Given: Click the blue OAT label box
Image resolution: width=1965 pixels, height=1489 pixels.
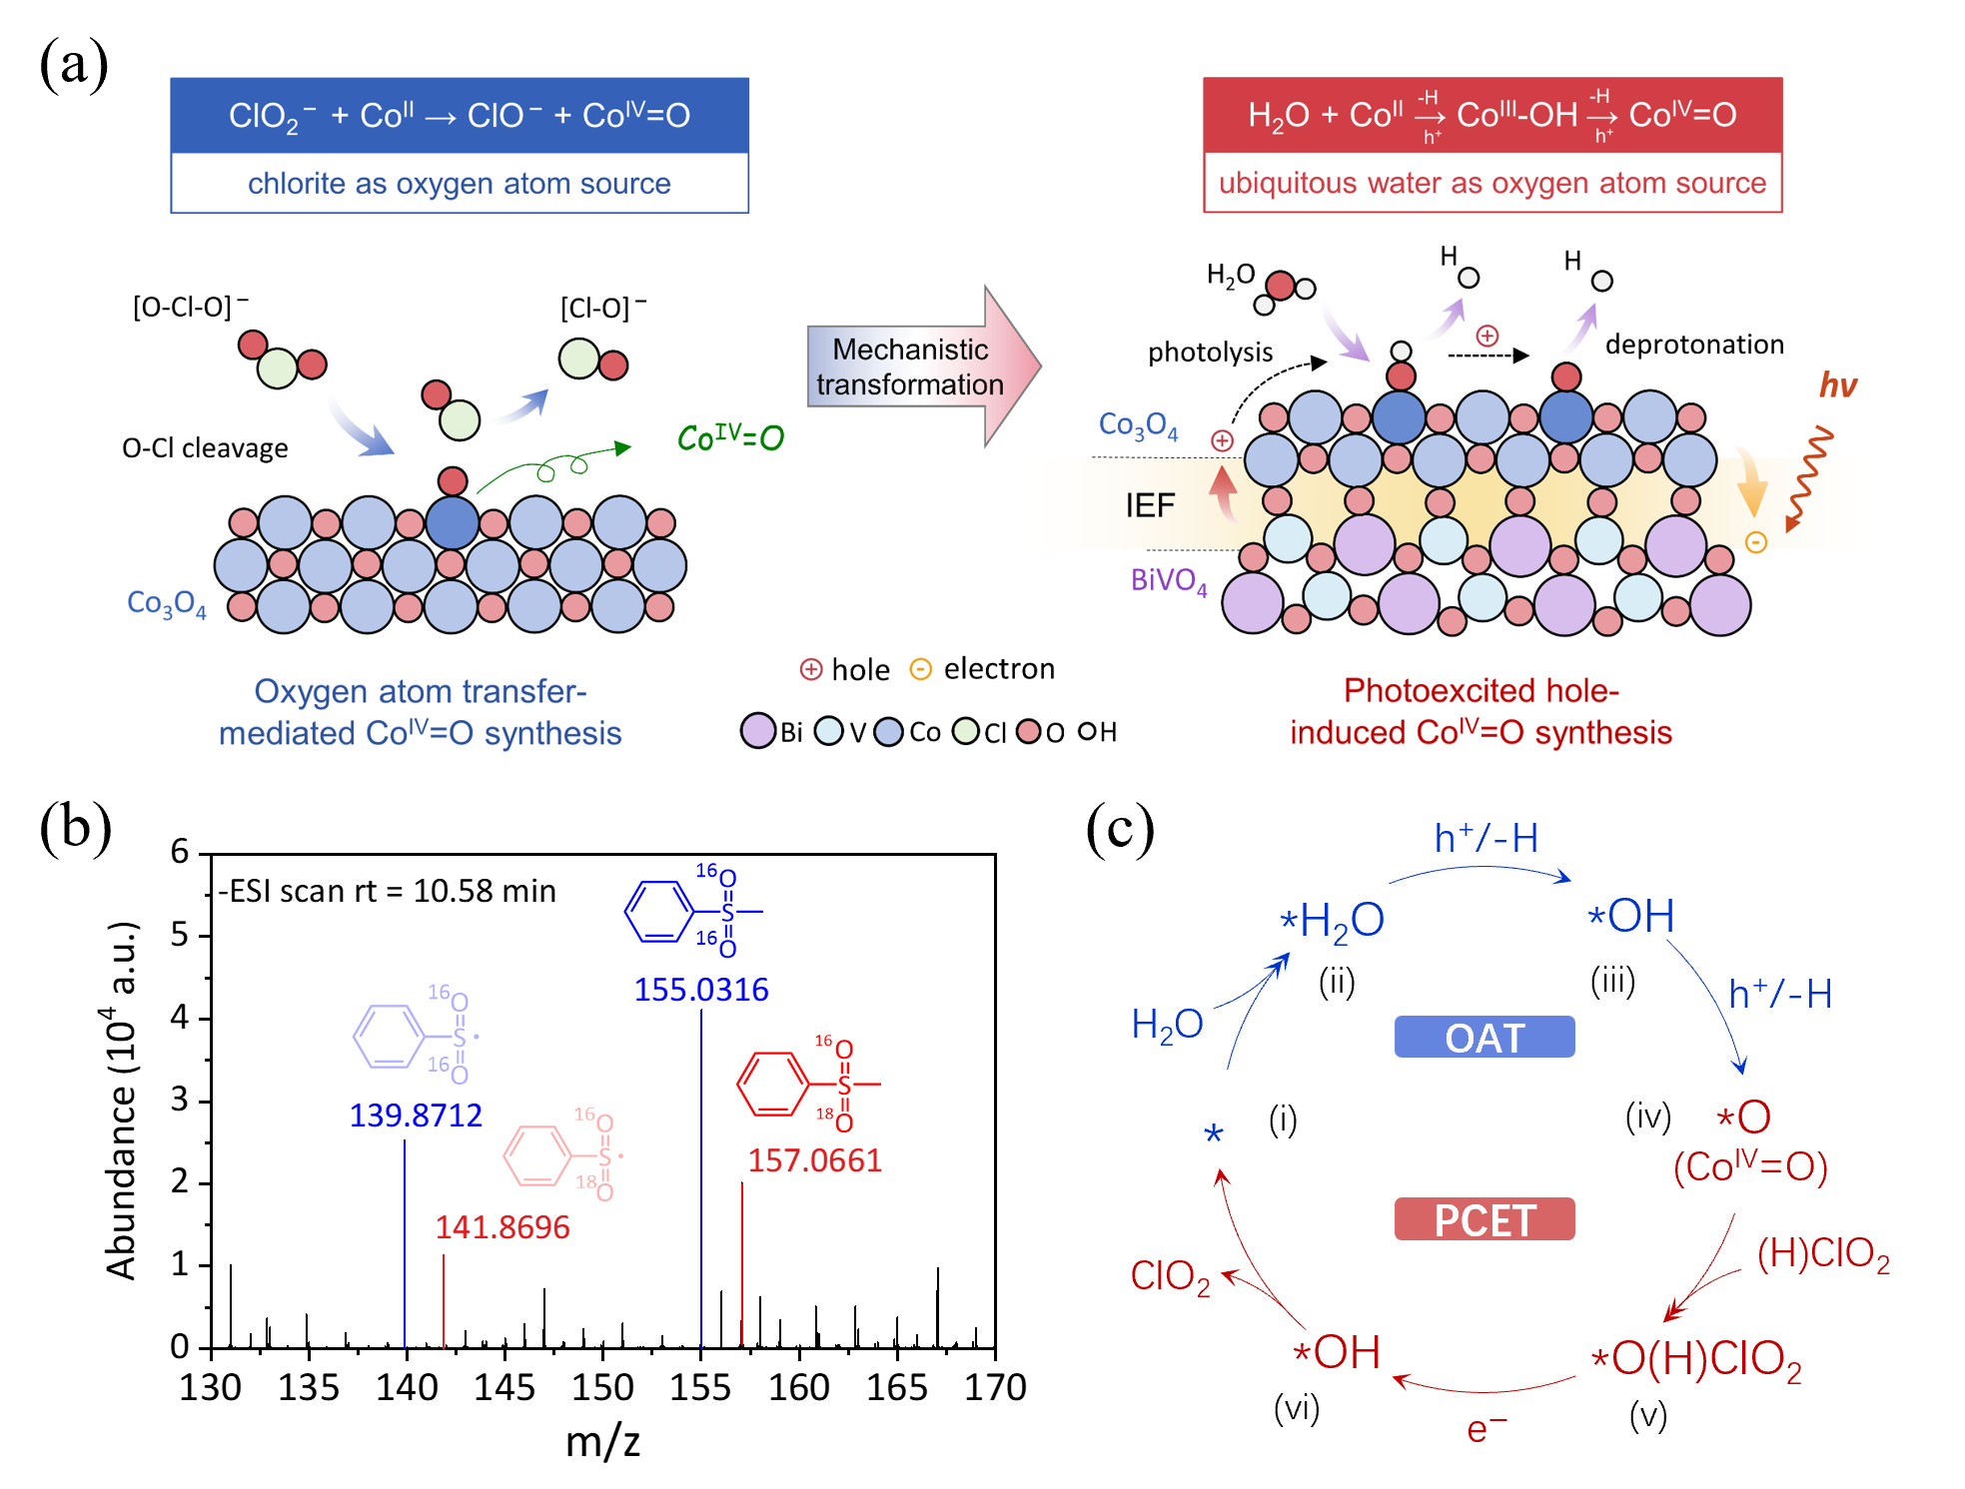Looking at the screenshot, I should click(x=1484, y=1038).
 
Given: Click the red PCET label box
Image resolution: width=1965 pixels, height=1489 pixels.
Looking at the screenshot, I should click(x=1484, y=1219).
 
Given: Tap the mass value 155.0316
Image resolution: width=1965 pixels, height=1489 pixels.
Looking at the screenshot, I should click(x=701, y=990).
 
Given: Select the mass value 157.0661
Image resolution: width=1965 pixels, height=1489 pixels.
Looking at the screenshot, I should click(x=815, y=1160).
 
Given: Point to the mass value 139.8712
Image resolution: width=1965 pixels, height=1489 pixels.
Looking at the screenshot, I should click(x=416, y=1115).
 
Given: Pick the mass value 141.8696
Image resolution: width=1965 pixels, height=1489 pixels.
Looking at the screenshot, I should click(x=502, y=1226).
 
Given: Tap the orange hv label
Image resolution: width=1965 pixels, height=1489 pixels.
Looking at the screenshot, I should click(x=1837, y=385).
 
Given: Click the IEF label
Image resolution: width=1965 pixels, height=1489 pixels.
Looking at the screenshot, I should click(x=1150, y=505).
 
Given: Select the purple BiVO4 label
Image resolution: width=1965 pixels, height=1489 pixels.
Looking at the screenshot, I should click(x=1169, y=580).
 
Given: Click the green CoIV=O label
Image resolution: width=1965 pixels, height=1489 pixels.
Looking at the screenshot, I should click(x=730, y=437).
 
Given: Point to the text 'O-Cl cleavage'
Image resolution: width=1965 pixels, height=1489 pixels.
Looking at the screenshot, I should click(x=205, y=448).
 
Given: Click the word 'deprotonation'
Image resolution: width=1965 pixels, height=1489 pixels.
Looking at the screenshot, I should click(x=1694, y=345).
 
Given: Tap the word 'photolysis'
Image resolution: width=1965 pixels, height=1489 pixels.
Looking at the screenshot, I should click(x=1210, y=353).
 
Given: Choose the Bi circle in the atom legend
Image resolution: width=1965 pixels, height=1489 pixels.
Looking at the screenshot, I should click(x=758, y=731).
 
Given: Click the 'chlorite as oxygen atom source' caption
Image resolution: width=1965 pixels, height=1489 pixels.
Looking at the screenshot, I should click(x=460, y=184).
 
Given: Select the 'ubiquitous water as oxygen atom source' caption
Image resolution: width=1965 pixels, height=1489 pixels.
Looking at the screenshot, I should click(x=1492, y=184).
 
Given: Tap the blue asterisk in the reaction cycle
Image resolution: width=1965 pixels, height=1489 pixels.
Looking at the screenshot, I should click(x=1214, y=1134).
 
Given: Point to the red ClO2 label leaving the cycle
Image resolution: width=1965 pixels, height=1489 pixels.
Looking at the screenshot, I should click(x=1170, y=1276).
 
